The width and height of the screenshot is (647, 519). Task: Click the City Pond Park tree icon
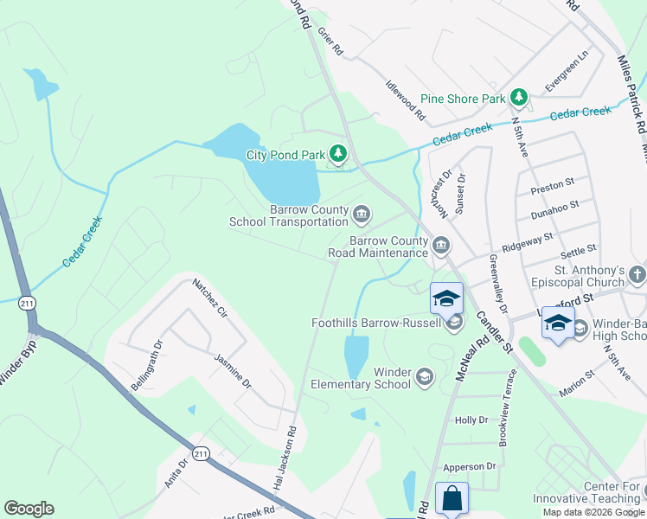338,156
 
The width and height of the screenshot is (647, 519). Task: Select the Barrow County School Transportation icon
362,213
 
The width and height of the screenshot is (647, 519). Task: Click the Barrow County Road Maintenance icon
441,247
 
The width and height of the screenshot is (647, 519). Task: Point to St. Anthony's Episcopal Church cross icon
637,276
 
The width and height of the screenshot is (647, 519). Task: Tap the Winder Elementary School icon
424,377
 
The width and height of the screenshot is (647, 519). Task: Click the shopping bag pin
452,498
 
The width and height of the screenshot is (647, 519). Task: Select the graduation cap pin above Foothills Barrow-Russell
446,298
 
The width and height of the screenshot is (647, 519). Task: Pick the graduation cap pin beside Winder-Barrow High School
558,324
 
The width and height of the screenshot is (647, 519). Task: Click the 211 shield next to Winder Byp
27,303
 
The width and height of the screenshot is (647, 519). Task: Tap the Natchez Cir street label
208,297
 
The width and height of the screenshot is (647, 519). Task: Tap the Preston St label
553,184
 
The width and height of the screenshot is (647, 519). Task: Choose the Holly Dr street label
471,420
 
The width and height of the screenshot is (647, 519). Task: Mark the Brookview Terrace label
508,407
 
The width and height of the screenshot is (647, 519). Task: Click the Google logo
29,509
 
